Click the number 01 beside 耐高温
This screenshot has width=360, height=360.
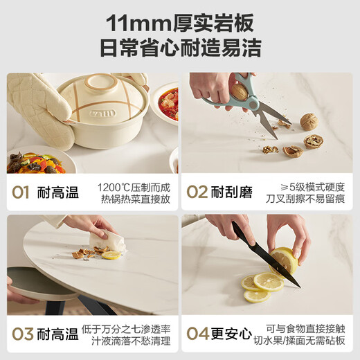(21, 192)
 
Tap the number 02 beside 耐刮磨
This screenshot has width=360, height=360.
(197, 192)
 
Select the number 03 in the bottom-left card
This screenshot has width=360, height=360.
(22, 334)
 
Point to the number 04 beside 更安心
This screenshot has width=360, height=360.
(197, 334)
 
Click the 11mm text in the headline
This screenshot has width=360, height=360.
(138, 24)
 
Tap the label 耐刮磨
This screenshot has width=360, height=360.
(231, 192)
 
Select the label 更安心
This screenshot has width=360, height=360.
(231, 334)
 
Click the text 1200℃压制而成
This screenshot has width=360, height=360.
(134, 188)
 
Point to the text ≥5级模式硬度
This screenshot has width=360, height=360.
(313, 188)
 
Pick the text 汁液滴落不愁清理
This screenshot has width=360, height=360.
(131, 341)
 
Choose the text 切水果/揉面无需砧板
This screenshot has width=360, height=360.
(299, 341)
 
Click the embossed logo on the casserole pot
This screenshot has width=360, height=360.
(102, 114)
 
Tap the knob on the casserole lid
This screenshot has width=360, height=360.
(100, 82)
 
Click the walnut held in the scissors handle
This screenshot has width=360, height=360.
(240, 91)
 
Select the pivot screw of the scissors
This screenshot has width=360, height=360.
(254, 105)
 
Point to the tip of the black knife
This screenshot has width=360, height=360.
(300, 287)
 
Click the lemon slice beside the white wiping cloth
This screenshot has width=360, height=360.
(111, 255)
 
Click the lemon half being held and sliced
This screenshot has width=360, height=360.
(284, 260)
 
